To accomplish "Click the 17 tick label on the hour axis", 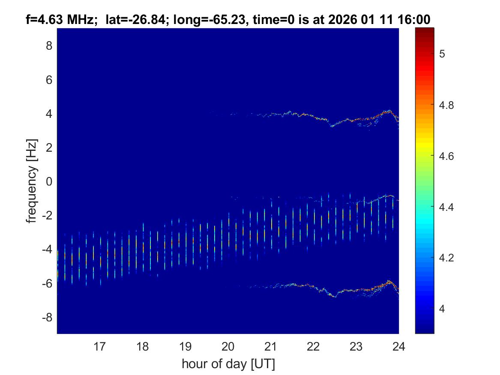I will [100, 346].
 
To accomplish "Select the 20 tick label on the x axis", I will [228, 346].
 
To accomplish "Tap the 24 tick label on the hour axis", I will [398, 346].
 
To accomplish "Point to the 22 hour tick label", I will [313, 346].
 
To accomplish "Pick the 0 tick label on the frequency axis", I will [49, 181].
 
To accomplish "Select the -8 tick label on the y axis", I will [46, 318].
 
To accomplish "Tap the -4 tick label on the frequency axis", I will [46, 249].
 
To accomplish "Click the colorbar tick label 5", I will [443, 54].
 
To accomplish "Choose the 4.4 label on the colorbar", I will [447, 207].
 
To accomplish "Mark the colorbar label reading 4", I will [443, 309].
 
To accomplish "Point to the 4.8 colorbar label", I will [447, 105].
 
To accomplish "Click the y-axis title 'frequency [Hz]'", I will [31, 181].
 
